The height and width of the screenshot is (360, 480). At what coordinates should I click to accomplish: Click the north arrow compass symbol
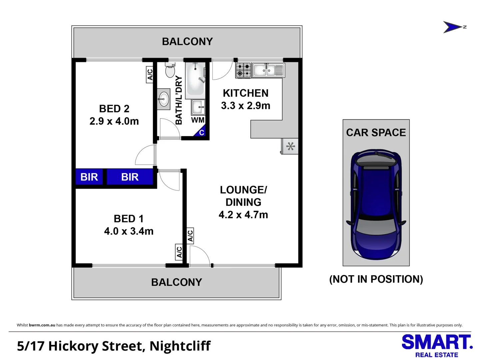[453, 27]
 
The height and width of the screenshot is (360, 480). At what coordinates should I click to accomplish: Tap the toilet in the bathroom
[170, 70]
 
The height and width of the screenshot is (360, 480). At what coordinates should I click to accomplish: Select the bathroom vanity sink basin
[164, 99]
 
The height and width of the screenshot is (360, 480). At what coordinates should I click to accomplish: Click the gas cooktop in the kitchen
[243, 70]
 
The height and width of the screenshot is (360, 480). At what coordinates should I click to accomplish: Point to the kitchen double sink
[268, 70]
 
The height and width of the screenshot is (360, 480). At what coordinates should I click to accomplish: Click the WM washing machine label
[198, 120]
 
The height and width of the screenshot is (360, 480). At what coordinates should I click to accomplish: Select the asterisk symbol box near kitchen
[290, 146]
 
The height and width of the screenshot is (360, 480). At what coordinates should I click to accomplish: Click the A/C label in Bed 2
[150, 74]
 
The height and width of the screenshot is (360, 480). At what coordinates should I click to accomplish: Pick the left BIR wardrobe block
[89, 177]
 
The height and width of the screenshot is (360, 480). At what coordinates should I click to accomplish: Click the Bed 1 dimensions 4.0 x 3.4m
[129, 231]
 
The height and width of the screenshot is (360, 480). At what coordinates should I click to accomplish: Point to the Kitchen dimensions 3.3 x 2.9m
[246, 106]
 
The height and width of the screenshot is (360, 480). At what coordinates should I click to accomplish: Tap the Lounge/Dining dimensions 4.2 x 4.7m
[243, 215]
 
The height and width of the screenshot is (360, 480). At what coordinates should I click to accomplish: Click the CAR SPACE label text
[376, 132]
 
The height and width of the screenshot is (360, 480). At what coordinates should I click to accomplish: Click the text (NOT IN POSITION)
[376, 279]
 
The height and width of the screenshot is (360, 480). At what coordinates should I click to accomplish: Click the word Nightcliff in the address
[180, 346]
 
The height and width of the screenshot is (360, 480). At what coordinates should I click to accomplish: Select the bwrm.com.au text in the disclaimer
[42, 325]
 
